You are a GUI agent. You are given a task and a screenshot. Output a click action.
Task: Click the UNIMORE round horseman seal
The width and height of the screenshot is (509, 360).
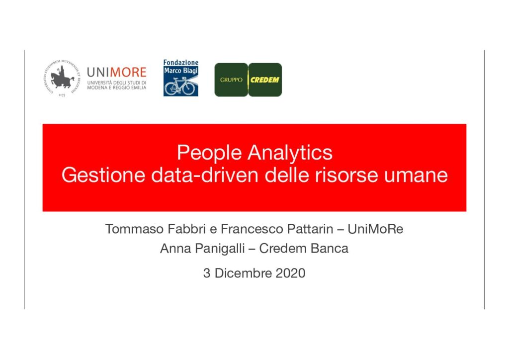[x=62, y=78]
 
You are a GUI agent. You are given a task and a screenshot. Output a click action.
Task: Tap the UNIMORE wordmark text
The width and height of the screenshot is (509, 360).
[x=117, y=73]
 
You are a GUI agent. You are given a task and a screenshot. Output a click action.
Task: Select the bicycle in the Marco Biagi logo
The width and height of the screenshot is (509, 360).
[x=180, y=87]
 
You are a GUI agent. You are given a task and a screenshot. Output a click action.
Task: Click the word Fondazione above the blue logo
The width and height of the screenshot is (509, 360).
[x=181, y=62]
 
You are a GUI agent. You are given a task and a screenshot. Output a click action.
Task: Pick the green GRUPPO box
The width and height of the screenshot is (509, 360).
[x=231, y=80]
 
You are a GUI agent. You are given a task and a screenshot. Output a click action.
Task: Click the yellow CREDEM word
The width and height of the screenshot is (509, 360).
[x=264, y=80]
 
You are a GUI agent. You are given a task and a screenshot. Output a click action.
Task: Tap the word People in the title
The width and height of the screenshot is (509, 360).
[x=209, y=153]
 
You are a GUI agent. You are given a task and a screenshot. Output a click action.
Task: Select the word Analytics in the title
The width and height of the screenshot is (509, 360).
[x=290, y=153]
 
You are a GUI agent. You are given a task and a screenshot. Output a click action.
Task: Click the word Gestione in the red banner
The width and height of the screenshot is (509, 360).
[x=103, y=176]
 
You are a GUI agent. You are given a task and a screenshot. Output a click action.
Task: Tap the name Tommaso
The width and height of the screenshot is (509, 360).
[x=134, y=229]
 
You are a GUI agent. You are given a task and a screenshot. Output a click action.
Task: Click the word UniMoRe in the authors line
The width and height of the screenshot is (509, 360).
[x=375, y=229]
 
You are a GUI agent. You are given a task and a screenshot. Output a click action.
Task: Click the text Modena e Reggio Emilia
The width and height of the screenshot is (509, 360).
[x=116, y=88]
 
